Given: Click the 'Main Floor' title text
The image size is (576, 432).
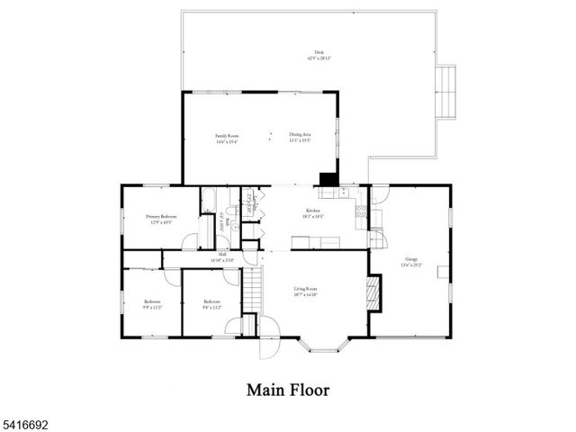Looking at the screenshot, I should pos(288,391).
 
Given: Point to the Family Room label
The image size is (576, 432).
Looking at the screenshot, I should pos(226,138).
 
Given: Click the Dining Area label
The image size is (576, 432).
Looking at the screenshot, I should pos(300,138).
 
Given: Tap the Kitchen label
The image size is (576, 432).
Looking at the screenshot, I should pos(313,211).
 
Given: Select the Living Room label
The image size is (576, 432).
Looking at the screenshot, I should pos(305,291).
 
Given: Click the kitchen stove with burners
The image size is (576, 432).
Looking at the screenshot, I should pos(361,211).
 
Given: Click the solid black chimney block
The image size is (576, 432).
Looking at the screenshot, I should pos(328,178).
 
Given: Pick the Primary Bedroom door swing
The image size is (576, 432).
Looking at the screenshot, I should pos(190,241).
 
